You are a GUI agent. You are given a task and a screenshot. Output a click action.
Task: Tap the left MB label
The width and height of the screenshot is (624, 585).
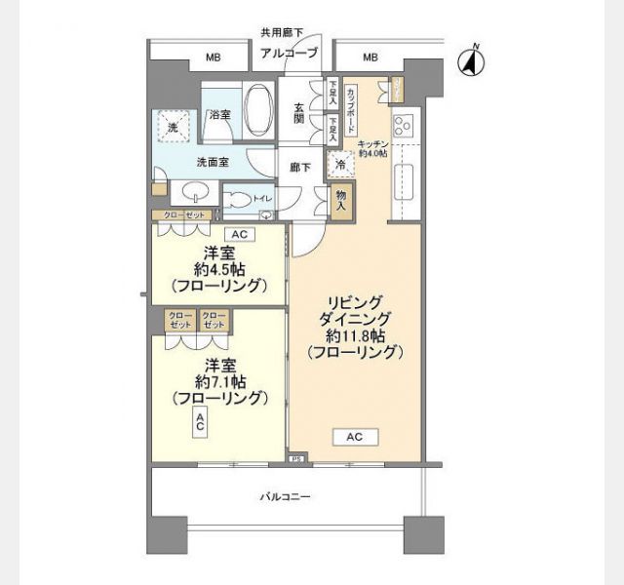213,58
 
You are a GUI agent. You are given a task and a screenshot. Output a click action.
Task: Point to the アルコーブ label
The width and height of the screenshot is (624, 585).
289,53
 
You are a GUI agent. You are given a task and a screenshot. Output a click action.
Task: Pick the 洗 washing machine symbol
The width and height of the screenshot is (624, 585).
172,127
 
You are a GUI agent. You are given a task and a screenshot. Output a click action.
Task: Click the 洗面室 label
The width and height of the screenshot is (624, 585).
213,162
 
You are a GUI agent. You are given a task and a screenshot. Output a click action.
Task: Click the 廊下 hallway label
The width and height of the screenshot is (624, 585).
300,167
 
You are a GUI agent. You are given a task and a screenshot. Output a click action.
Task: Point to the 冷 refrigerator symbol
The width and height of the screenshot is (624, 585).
340,165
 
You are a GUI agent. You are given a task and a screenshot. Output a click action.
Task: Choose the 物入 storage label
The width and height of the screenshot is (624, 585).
341,202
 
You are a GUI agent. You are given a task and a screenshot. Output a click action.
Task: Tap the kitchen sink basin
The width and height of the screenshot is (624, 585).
403,179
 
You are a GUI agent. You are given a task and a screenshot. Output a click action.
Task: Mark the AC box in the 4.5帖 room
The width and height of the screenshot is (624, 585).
237,234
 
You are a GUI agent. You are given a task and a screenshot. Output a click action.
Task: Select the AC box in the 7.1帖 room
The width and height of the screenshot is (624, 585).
199,422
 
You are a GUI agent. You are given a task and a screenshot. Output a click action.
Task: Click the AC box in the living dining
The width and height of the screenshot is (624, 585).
354,437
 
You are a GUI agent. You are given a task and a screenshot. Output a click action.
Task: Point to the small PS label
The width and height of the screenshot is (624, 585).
295,458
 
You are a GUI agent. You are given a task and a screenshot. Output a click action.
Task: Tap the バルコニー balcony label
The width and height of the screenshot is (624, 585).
285,497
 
